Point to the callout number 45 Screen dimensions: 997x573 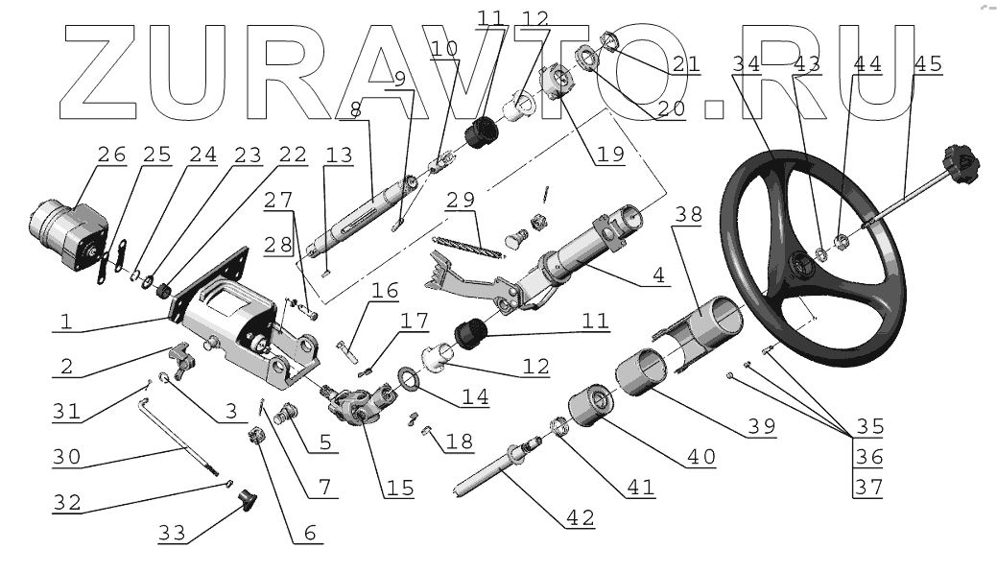[x=928, y=64]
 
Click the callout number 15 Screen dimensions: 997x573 [x=399, y=487]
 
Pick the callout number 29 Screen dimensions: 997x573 [x=461, y=202]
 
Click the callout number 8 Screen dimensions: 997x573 [x=356, y=110]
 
